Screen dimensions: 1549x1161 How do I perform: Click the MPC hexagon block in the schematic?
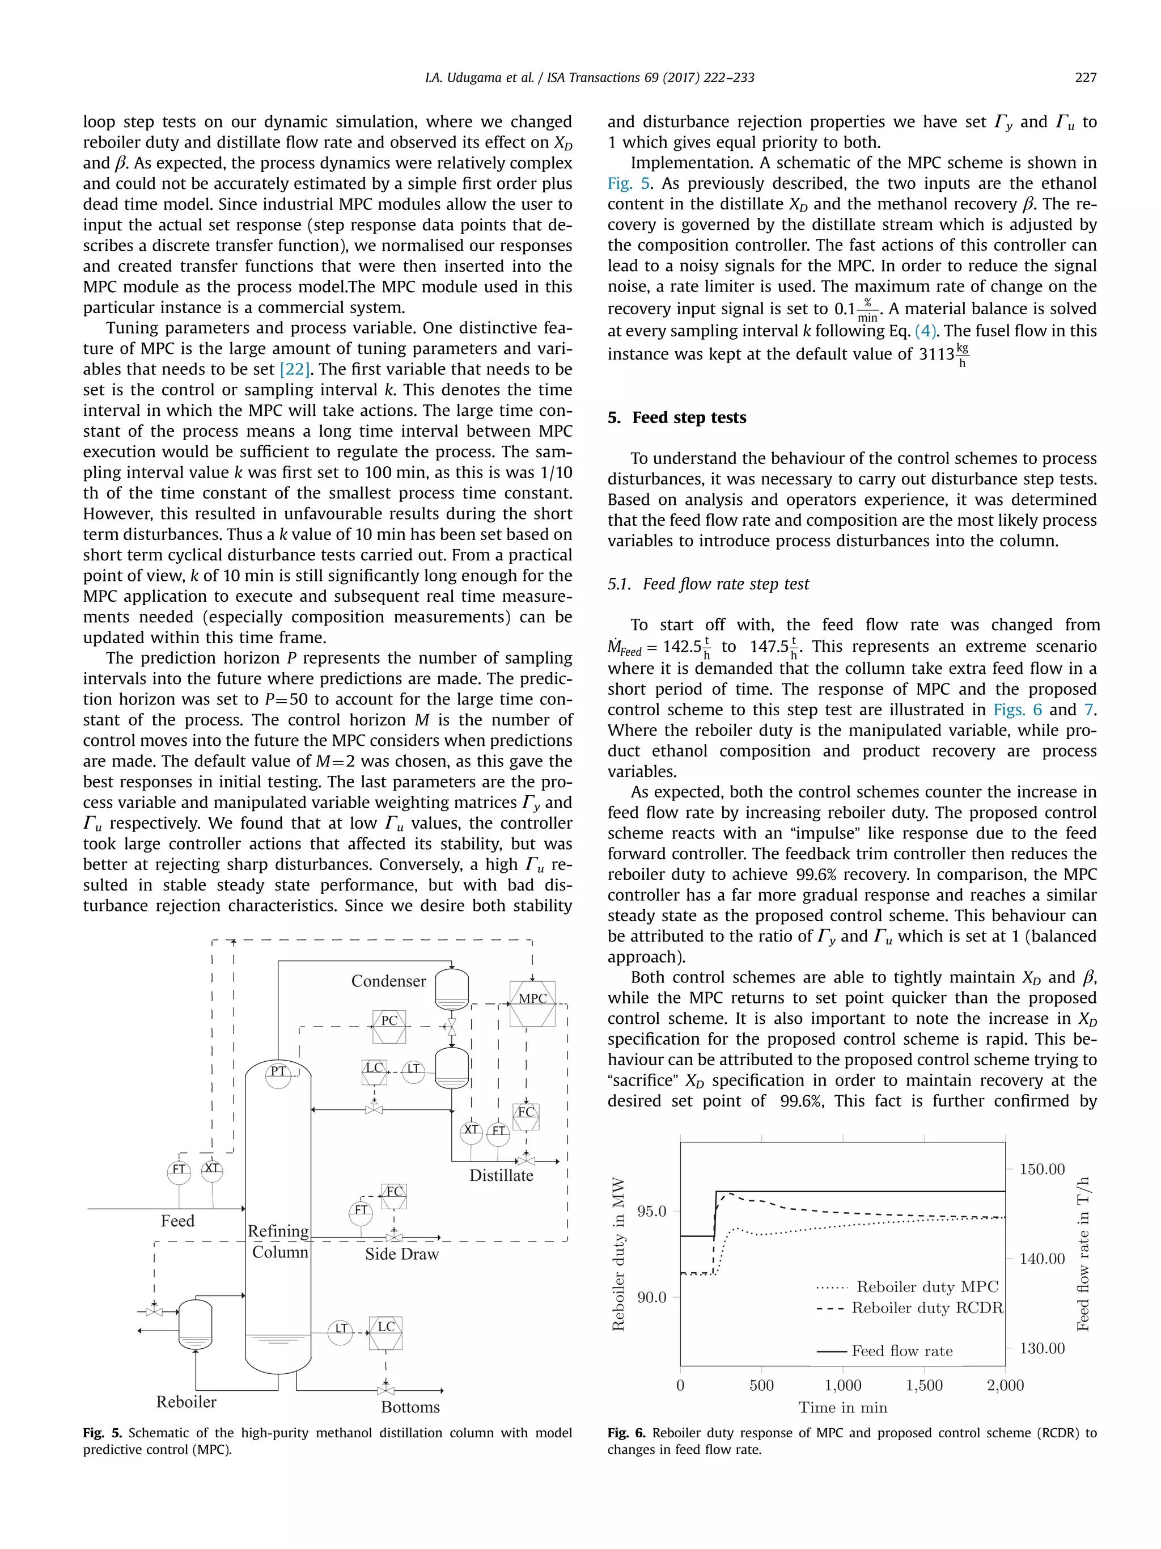532,1003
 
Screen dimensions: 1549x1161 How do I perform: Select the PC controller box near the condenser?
389,1027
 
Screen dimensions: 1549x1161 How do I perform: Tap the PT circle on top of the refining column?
278,1071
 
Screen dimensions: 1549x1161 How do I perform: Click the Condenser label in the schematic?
388,981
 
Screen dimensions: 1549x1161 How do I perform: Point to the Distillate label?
501,1176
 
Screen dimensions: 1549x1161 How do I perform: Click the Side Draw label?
402,1254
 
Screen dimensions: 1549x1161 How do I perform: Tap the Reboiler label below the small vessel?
186,1402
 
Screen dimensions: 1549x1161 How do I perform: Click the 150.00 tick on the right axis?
1041,1169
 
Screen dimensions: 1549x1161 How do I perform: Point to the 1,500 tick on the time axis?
924,1385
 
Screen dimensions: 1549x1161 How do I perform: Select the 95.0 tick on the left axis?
651,1212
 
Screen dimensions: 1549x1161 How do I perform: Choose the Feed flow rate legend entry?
901,1351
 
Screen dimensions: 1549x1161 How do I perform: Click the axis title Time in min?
842,1408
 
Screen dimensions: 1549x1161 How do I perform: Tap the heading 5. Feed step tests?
677,417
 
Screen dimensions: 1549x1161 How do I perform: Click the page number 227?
1086,78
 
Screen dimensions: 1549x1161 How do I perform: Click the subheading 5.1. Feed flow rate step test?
708,584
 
